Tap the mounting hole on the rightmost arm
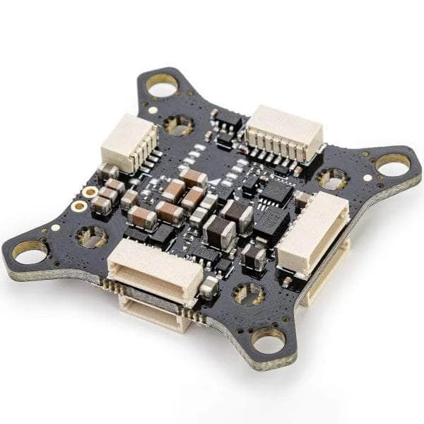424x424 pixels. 391,165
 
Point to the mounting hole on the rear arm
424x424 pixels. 162,86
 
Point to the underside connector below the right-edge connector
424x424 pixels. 326,272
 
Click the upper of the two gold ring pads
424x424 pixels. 90,192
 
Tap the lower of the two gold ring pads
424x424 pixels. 80,206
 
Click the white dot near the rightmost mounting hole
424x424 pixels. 367,178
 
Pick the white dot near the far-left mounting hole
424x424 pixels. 55,228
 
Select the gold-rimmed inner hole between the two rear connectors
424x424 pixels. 178,125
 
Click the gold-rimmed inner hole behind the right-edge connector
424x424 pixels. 331,178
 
